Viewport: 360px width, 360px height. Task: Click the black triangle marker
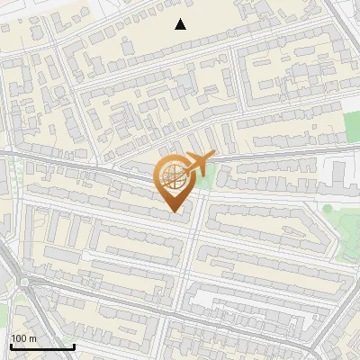coord(181,24)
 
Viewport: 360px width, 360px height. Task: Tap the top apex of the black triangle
coord(181,19)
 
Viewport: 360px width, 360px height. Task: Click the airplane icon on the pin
coord(198,164)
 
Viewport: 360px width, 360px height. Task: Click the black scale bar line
coord(41,346)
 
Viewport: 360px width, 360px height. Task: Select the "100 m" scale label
coord(24,338)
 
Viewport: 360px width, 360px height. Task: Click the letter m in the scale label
coord(33,338)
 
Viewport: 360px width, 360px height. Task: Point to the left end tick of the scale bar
coord(10,345)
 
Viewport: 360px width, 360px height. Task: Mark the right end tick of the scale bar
coord(74,345)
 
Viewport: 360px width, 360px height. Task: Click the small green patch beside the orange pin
coord(208,181)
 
